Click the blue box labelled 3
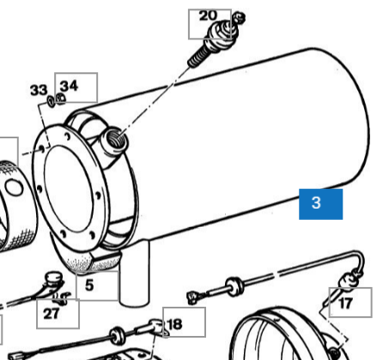coord(320,204)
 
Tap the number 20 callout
coord(208,15)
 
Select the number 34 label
coord(69,86)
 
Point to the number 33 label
coord(39,89)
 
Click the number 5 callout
coord(89,285)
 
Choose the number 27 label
coord(52,314)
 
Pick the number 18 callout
coord(174,325)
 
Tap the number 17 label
coord(345,303)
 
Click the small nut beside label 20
coord(239,18)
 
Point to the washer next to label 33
coord(52,101)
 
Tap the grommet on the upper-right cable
coord(234,286)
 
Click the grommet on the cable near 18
coord(117,335)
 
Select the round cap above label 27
coord(54,278)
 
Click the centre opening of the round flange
coord(69,188)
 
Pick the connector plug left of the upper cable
coord(194,297)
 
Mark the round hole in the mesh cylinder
coord(14,187)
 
